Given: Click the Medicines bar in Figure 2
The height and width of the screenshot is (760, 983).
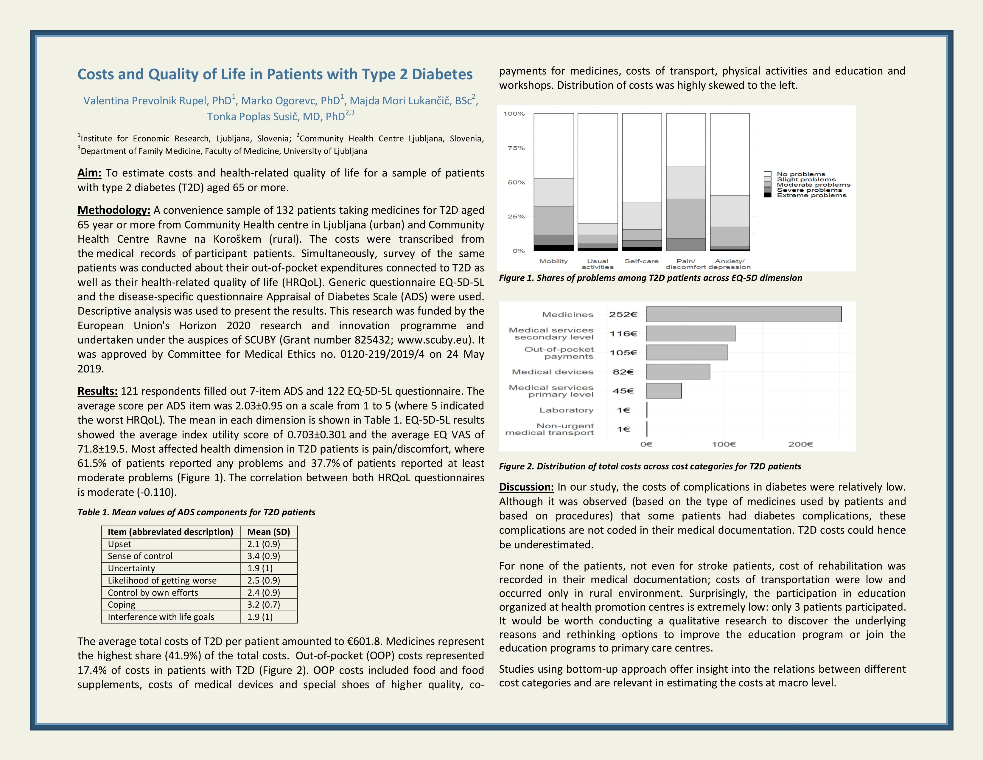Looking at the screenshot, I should (744, 314).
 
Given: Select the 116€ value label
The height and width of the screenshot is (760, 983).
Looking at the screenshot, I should (623, 334).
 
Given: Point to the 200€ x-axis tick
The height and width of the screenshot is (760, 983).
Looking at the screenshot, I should (800, 444).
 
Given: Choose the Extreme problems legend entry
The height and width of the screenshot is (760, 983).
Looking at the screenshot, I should (811, 196).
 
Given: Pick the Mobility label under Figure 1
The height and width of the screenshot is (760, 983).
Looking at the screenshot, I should (553, 261).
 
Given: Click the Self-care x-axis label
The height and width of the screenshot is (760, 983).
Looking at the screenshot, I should (641, 261).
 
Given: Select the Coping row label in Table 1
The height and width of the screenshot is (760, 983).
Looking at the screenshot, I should (122, 605).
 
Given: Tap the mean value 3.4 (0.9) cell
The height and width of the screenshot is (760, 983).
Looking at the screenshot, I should (263, 556).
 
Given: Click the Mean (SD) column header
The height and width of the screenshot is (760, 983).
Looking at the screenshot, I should (269, 532).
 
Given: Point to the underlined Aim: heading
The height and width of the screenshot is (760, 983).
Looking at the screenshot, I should (89, 173).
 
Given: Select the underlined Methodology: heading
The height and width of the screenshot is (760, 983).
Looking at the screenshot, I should (113, 210).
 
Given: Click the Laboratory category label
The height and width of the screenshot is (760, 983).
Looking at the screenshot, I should (566, 410).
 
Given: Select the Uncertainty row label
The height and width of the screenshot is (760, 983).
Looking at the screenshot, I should (131, 568).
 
